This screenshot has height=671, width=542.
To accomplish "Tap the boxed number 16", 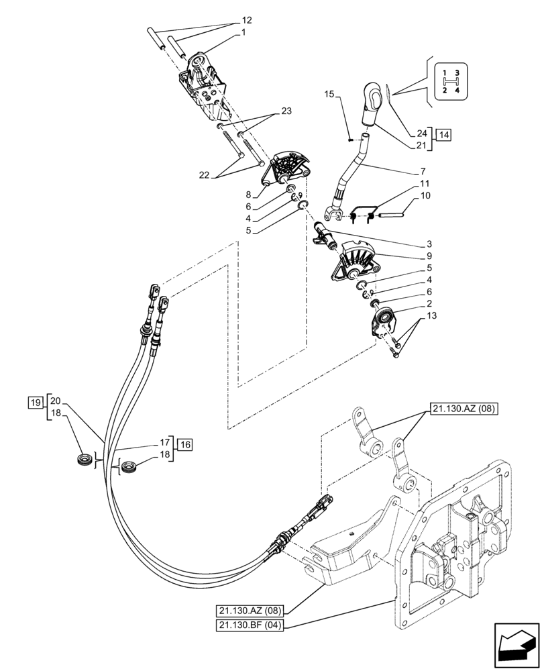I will [185, 443].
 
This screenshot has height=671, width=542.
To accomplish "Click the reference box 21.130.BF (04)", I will [250, 626].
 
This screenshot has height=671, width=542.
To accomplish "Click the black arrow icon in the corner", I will [516, 646].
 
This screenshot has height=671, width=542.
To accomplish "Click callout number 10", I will [425, 196].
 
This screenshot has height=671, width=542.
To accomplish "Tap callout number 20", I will [55, 398].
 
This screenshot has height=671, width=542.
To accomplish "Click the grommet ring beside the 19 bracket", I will [85, 460].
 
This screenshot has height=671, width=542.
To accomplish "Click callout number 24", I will [421, 134].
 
